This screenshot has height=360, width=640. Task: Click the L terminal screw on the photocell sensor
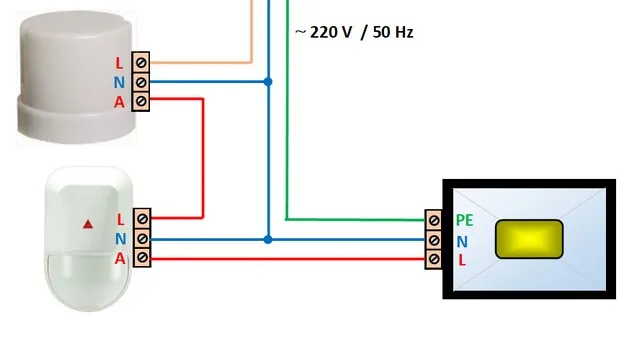[x=141, y=63]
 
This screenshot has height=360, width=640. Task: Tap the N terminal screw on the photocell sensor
[x=141, y=82]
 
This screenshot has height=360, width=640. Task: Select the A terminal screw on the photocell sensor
[x=141, y=101]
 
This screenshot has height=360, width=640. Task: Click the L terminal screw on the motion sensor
[x=142, y=219]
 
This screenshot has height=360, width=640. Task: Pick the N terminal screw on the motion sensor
[x=142, y=238]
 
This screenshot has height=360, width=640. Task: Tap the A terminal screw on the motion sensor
[x=142, y=258]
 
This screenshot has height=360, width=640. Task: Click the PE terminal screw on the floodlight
[x=433, y=220]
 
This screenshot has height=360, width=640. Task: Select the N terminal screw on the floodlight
[x=433, y=240]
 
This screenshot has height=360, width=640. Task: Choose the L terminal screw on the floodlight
[x=433, y=259]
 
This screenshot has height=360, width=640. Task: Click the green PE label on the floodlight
[x=464, y=220]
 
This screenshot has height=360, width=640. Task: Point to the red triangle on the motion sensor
[x=88, y=224]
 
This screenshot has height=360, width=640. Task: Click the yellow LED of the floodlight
[x=529, y=239]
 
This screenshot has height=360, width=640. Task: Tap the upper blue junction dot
[x=268, y=82]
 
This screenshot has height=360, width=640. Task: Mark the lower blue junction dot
[x=268, y=240]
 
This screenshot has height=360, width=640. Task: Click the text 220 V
[x=331, y=32]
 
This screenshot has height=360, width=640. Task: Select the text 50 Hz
[x=393, y=32]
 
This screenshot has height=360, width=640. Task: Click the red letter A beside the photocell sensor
[x=119, y=102]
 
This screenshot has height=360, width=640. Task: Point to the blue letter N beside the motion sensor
[x=120, y=239]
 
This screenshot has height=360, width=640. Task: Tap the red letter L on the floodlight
[x=462, y=260]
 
